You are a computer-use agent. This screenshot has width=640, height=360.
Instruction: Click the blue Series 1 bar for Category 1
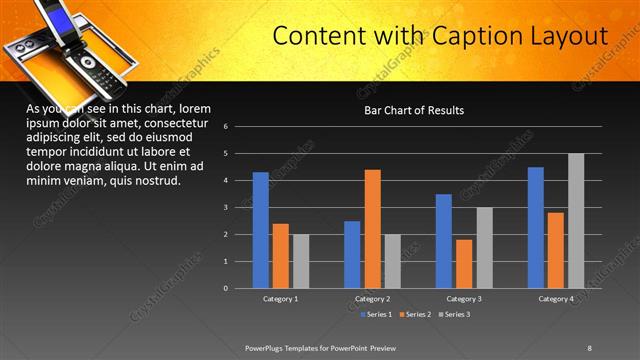coord(260,230)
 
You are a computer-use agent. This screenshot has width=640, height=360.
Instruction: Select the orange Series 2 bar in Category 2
coord(372,229)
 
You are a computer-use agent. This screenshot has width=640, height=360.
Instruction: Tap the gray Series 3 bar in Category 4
coord(576,221)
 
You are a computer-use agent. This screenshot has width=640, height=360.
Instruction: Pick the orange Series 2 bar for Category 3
coord(464,264)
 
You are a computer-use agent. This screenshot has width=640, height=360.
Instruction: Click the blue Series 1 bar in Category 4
coord(536,228)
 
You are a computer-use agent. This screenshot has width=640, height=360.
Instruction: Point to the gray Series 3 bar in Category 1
coord(301,261)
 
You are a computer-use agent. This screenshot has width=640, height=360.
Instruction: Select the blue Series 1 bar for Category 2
coord(352,255)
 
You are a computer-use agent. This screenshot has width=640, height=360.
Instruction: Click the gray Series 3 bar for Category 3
coord(484,248)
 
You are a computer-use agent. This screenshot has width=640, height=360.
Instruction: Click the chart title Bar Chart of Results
coord(413,110)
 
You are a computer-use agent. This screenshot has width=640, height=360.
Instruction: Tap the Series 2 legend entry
coord(415,315)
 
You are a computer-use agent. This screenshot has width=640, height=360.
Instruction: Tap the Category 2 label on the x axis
coord(372,299)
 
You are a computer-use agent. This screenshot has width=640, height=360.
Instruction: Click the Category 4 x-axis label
coord(556,299)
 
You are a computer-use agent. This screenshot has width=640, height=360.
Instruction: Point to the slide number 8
coord(589,347)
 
